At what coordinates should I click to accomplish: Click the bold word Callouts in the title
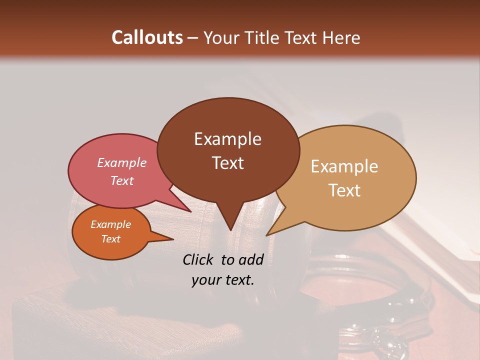tap(147, 37)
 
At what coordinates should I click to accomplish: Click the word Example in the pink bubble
tap(121, 163)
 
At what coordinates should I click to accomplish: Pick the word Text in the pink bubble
tap(121, 180)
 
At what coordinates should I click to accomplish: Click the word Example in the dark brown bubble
tap(227, 139)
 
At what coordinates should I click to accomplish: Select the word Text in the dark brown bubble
tap(227, 163)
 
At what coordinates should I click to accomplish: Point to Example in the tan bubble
tap(344, 166)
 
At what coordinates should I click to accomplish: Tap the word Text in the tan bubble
tap(344, 190)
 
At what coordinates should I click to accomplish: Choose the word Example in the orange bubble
tap(110, 224)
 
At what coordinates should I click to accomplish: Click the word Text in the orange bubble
tap(110, 239)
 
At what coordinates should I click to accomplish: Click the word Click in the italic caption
tap(198, 259)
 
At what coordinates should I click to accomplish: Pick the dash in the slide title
tap(193, 38)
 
